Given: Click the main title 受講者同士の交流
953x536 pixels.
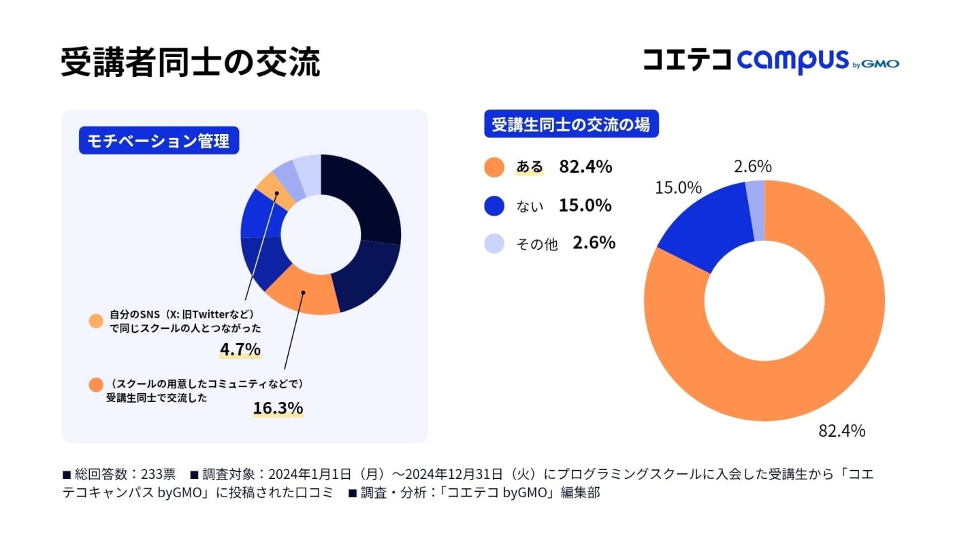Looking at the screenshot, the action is tap(190, 63).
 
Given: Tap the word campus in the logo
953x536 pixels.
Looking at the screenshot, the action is tap(793, 62).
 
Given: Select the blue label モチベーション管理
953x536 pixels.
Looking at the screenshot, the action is tap(159, 140).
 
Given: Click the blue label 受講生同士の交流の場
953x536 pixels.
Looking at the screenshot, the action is tap(571, 124).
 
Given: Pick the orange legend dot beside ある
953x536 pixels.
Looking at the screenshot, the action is tap(494, 167).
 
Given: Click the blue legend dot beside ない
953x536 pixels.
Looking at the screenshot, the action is tap(494, 205).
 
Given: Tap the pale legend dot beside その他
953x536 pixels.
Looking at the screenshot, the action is tap(494, 244).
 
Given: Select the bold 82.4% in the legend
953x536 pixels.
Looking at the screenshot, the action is tap(585, 167).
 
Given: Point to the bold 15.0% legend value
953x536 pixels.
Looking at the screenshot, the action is tap(585, 205).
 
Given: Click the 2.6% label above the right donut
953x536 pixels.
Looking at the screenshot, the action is tap(753, 167).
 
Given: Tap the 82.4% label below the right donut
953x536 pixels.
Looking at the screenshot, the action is tap(841, 431).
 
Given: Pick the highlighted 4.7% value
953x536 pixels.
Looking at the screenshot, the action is tap(240, 350).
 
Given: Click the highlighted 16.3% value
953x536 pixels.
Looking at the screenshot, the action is tap(278, 408).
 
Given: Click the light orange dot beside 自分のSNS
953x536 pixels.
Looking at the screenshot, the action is tap(96, 321).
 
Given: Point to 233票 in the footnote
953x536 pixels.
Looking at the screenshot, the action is tap(158, 473).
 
